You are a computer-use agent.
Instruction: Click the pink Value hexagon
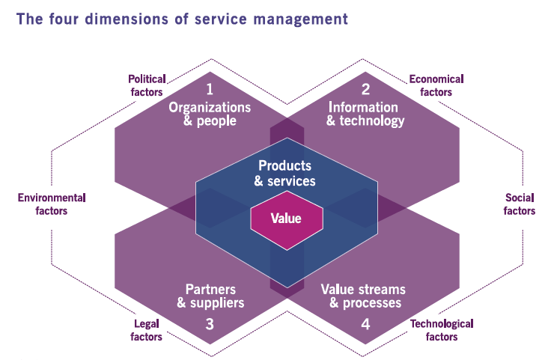pos(287,220)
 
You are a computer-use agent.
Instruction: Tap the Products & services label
pos(284,174)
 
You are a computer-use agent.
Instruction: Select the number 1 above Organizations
pos(210,89)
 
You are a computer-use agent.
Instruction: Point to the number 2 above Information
pos(365,89)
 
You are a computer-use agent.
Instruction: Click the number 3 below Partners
pos(210,324)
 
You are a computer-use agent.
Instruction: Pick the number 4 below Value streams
pos(365,324)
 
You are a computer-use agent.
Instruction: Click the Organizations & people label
pos(210,114)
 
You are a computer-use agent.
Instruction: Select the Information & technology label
pos(365,114)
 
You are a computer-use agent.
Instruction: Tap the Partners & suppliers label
pos(210,296)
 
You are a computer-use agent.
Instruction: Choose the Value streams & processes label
pos(363,296)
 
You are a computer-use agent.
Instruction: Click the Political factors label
pos(147,85)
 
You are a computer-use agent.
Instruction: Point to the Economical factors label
pos(436,85)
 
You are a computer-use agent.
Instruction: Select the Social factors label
pos(520,204)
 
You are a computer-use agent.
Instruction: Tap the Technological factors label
pos(442,330)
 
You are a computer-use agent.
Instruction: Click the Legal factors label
pos(146,330)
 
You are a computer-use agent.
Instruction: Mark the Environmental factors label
pos(52,204)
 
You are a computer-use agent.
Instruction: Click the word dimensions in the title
pos(127,19)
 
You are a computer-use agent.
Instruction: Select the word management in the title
pos(301,19)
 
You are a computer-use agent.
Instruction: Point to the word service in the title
pos(220,19)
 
